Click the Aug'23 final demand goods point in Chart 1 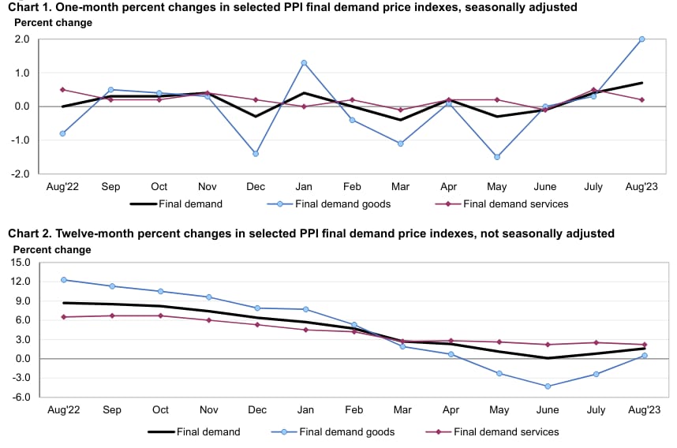click(641, 39)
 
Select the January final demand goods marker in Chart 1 click(304, 62)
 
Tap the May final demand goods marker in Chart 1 click(497, 157)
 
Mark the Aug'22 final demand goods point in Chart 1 click(62, 133)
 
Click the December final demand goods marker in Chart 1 click(256, 154)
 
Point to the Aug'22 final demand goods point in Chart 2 click(62, 280)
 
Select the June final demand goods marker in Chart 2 click(545, 386)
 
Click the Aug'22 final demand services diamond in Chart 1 click(62, 89)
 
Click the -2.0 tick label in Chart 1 click(20, 174)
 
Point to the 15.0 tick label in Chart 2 click(20, 262)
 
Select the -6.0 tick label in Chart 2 click(20, 397)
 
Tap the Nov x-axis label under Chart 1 click(208, 187)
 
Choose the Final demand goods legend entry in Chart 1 click(342, 203)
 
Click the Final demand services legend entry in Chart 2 click(506, 431)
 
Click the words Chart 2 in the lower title click(30, 233)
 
